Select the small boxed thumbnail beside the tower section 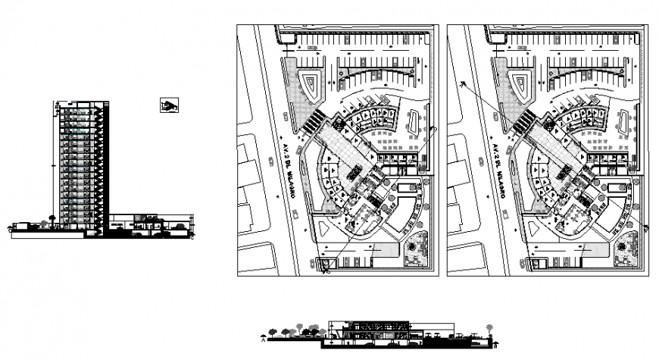pos(170,105)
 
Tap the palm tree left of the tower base pos(51,219)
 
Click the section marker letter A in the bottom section pos(263,340)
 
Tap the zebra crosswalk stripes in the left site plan pos(314,122)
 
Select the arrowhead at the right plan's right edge pos(645,227)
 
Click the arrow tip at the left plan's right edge pos(435,130)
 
